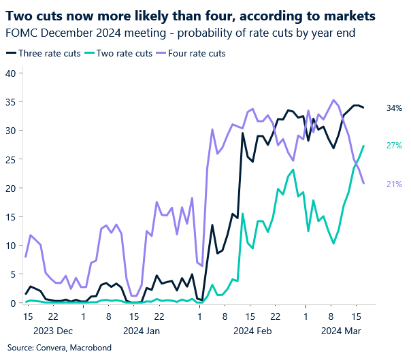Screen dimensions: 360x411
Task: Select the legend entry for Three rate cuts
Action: (48, 52)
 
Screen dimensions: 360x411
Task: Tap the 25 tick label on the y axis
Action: (10, 160)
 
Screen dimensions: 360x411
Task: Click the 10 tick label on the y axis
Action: (10, 246)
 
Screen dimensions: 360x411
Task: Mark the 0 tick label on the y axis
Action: (12, 303)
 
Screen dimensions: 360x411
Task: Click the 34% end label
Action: (394, 108)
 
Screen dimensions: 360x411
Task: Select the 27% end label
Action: (394, 146)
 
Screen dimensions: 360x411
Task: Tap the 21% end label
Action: (394, 184)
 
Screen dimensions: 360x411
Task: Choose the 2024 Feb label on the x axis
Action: (251, 331)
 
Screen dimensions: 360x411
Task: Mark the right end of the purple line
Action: (363, 183)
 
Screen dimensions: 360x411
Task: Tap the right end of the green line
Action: (363, 146)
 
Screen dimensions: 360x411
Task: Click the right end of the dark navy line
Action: (363, 108)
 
